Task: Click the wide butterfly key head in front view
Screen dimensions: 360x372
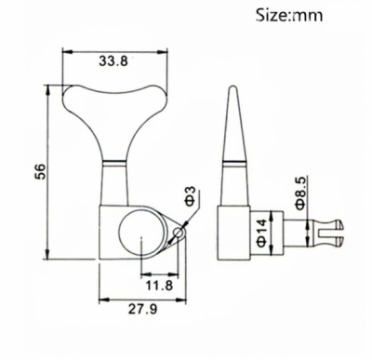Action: tap(113, 98)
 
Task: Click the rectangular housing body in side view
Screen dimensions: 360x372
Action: tap(237, 230)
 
